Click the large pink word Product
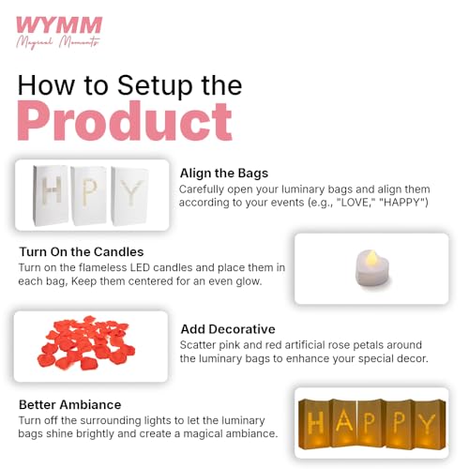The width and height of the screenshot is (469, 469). point(125,121)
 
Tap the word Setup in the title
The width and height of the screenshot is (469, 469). point(155,86)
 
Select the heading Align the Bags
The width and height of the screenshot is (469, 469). point(224,174)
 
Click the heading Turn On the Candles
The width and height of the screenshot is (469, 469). point(82,251)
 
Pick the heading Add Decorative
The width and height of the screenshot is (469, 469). point(228,329)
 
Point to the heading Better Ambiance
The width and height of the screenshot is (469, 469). point(70,404)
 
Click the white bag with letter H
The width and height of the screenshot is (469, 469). point(51,195)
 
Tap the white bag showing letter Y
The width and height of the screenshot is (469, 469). point(129,196)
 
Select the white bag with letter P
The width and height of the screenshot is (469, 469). point(89,195)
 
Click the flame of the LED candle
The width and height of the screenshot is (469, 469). point(371,257)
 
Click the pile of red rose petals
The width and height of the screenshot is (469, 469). point(86,343)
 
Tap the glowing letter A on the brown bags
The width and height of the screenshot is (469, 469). point(345,420)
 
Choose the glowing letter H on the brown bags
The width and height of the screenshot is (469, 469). point(315,422)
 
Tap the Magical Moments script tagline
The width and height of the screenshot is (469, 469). point(58,41)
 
